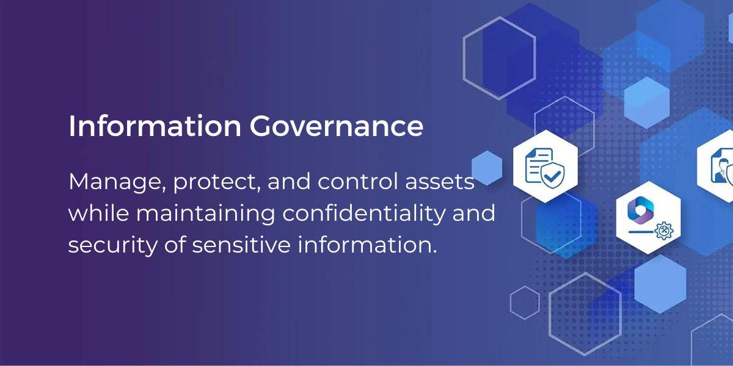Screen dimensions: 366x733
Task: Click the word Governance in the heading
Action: pyautogui.click(x=335, y=126)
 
